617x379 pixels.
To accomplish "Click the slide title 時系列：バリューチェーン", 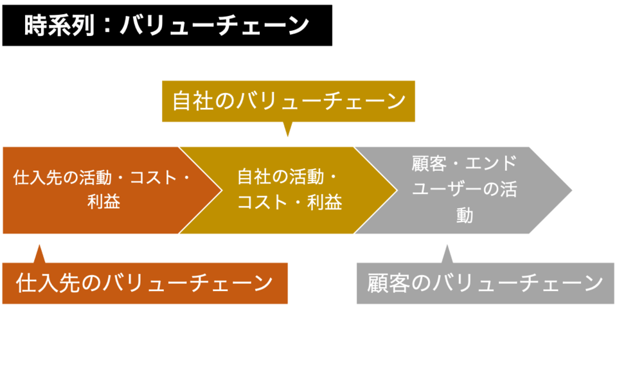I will (166, 26).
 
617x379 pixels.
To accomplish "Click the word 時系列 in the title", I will (58, 26).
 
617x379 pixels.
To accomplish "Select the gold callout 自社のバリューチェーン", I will (289, 101).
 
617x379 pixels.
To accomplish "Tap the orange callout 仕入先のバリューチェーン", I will (145, 283).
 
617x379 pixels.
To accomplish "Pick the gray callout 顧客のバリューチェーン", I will (485, 283).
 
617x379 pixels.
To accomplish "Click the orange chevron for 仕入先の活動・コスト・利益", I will (96, 190).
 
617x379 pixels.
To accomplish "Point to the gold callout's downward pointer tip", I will (288, 136).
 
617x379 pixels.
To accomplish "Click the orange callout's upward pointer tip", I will (39, 245).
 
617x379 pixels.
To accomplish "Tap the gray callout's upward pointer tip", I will (447, 245).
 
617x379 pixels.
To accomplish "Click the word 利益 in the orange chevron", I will (103, 202).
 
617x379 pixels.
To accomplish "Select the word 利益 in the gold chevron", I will (325, 202).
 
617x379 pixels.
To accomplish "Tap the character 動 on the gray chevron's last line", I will (465, 215).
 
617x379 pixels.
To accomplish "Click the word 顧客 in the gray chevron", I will (429, 164).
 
